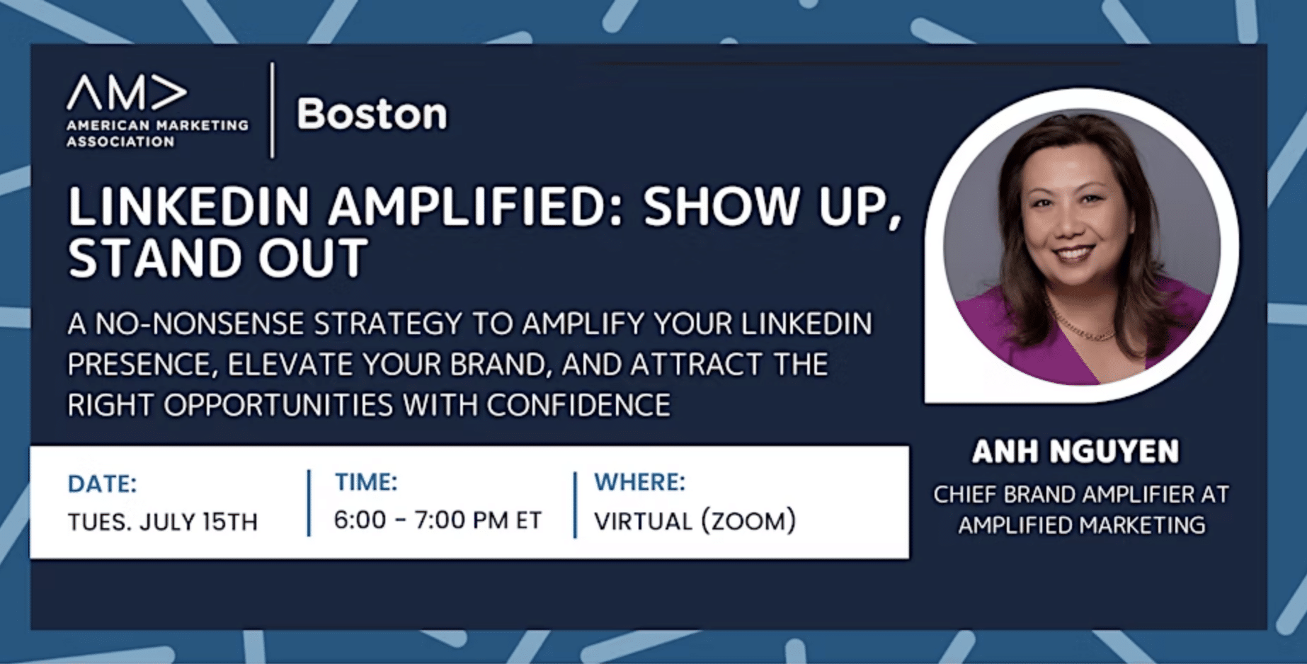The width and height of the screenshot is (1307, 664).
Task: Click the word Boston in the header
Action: pyautogui.click(x=372, y=113)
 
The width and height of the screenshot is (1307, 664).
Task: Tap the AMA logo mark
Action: pyautogui.click(x=127, y=92)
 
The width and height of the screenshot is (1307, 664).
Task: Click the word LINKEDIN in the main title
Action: pyautogui.click(x=189, y=207)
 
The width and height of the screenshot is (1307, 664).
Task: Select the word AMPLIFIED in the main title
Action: pyautogui.click(x=475, y=207)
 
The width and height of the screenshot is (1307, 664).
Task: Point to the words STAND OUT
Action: pyautogui.click(x=218, y=258)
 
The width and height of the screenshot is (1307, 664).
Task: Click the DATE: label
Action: pyautogui.click(x=102, y=483)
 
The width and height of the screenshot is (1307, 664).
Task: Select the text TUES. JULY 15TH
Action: pyautogui.click(x=163, y=522)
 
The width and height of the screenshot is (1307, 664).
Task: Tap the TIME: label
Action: pyautogui.click(x=366, y=482)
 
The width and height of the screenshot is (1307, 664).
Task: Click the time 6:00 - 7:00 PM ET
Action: pyautogui.click(x=438, y=520)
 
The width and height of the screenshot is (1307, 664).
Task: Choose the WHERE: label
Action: pyautogui.click(x=640, y=482)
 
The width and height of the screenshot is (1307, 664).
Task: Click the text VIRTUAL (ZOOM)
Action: pyautogui.click(x=695, y=521)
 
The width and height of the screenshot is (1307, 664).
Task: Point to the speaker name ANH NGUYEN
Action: pyautogui.click(x=1075, y=451)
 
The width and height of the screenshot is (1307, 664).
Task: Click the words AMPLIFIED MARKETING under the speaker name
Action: pyautogui.click(x=1081, y=525)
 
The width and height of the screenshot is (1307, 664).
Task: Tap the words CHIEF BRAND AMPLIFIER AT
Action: pyautogui.click(x=1081, y=494)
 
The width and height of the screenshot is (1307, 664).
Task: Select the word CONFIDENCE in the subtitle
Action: pyautogui.click(x=578, y=406)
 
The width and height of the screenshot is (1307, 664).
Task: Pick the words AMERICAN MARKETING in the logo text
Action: pyautogui.click(x=157, y=125)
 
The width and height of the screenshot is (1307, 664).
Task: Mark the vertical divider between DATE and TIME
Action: pyautogui.click(x=309, y=503)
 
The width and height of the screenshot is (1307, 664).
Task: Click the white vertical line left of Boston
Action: pyautogui.click(x=273, y=110)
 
